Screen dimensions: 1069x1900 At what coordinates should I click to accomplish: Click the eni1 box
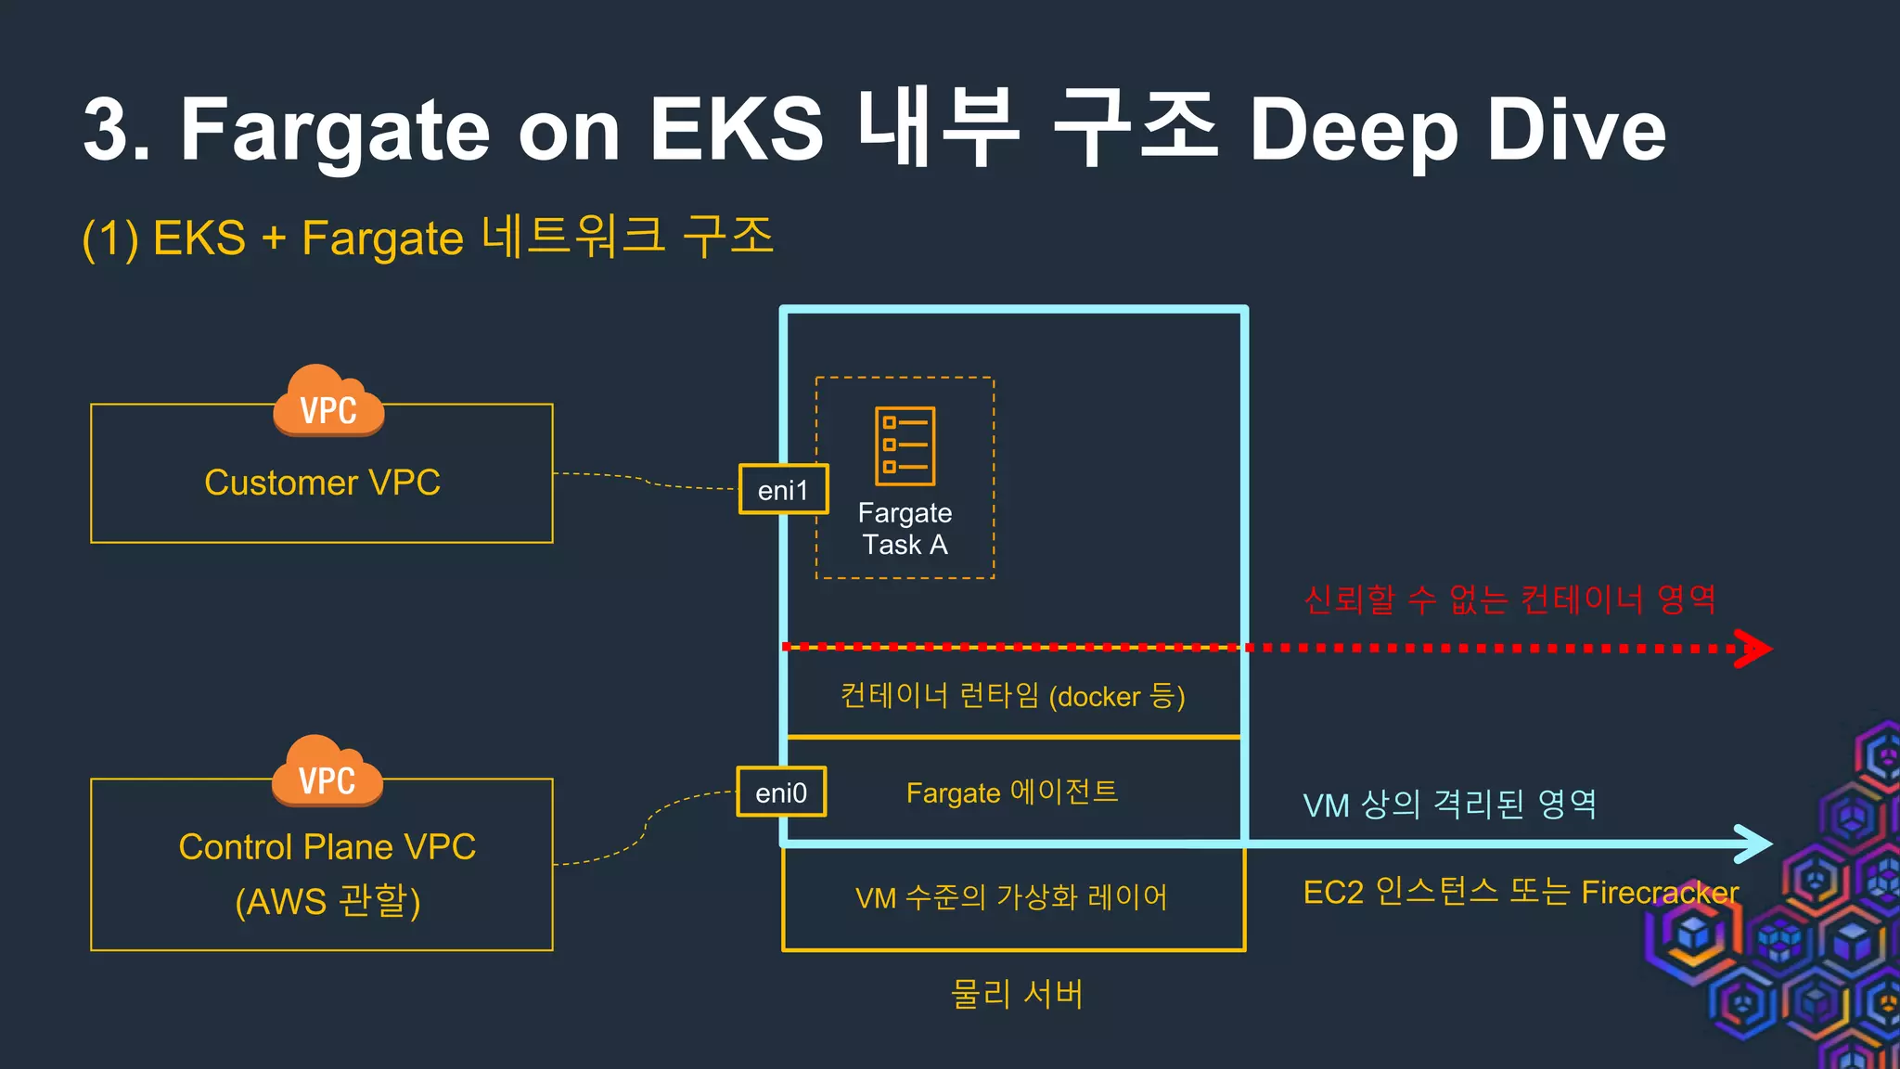[783, 489]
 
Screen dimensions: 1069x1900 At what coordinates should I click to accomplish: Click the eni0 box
[781, 792]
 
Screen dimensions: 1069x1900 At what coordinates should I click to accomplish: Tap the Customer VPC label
[322, 483]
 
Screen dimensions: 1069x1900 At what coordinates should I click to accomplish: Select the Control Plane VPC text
[327, 846]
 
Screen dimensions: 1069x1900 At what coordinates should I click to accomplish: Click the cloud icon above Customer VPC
[328, 402]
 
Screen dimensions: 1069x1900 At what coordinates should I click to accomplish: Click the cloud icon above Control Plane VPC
[327, 772]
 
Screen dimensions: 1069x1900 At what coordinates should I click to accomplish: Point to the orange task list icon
[905, 446]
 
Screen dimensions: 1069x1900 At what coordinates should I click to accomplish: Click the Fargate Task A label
[905, 529]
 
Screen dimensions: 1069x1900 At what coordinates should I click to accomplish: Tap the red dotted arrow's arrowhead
[1754, 649]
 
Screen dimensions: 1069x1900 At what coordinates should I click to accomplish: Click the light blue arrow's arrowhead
[1754, 844]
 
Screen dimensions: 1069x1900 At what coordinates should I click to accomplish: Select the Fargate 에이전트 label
[1012, 792]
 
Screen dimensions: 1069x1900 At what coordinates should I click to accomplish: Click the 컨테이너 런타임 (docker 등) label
[1012, 696]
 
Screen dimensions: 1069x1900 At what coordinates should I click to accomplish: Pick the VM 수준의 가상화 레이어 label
[1012, 897]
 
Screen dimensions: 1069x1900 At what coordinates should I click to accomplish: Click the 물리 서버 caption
[1017, 994]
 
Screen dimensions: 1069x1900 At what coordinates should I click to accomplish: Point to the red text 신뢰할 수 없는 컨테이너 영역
[1510, 599]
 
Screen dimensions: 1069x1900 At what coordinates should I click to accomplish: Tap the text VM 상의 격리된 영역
[1449, 805]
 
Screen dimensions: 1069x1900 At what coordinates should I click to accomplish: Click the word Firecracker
[1660, 893]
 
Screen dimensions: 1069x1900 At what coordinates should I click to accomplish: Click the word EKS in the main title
[736, 130]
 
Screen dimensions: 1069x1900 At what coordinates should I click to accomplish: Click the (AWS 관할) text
[327, 901]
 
